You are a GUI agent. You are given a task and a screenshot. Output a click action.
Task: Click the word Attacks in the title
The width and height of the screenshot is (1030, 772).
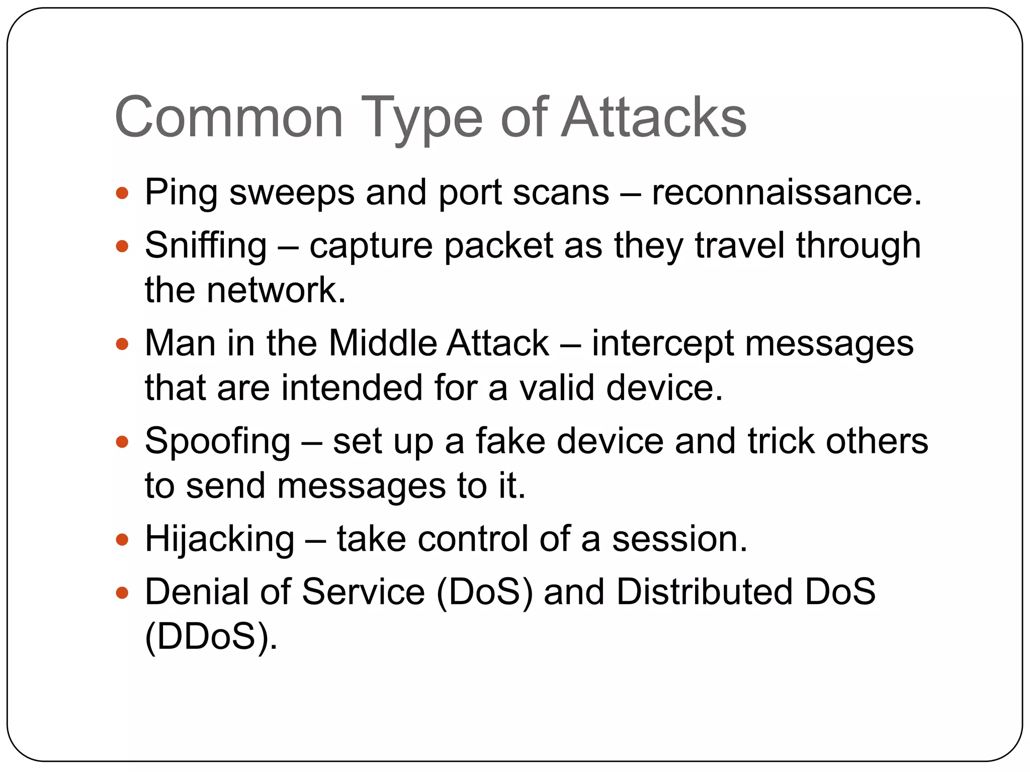pos(654,118)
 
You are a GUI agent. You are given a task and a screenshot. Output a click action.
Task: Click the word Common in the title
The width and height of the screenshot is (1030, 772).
pos(229,118)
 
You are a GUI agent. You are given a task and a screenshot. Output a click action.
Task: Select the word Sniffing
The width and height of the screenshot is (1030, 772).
pos(206,246)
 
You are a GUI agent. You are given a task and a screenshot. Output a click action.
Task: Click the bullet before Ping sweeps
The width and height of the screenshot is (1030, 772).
pos(122,193)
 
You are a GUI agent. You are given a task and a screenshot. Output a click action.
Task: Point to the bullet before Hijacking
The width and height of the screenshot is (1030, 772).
pos(122,540)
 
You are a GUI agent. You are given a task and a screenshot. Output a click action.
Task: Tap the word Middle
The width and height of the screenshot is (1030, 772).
pos(382,344)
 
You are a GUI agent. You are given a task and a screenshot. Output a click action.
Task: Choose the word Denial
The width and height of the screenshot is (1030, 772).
pos(197,592)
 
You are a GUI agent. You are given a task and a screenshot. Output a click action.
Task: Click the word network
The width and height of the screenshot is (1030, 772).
pos(276,291)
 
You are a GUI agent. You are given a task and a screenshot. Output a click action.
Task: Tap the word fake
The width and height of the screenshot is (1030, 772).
pos(510,441)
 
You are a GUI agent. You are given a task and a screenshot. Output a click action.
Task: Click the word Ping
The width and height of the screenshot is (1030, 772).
pos(181,194)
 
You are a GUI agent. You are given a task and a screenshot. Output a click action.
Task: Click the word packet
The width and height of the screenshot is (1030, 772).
pos(498,246)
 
